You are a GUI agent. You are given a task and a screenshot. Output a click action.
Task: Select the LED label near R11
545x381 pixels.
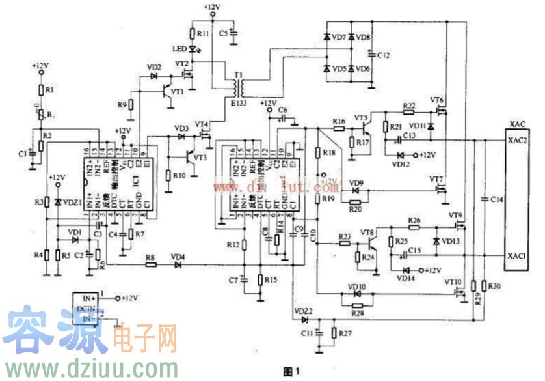(179, 49)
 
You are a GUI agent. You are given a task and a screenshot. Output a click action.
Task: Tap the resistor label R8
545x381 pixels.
(150, 257)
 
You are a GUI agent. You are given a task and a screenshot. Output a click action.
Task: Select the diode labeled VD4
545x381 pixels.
(177, 257)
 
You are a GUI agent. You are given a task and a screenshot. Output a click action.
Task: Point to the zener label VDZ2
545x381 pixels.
(304, 311)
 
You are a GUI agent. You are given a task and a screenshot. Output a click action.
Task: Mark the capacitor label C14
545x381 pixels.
(496, 198)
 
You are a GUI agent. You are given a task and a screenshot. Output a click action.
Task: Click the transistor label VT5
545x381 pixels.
(361, 117)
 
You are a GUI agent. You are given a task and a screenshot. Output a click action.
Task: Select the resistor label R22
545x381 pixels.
(409, 106)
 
